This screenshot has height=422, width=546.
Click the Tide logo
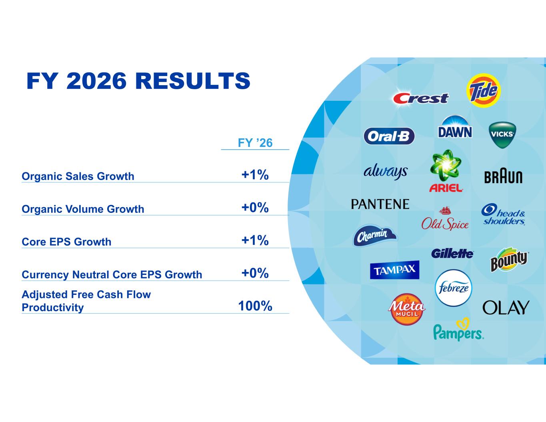click(484, 91)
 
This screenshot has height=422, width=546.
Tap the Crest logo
click(421, 98)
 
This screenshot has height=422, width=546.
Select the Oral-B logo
click(389, 136)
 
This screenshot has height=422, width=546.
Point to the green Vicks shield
click(502, 135)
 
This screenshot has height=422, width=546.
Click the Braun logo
click(503, 177)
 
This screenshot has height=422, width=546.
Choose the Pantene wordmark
click(380, 204)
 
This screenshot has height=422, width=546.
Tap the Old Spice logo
click(445, 218)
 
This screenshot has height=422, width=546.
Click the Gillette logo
click(452, 254)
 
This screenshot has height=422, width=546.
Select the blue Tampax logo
click(394, 270)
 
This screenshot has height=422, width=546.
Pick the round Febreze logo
click(454, 288)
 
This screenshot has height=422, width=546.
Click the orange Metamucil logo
click(406, 310)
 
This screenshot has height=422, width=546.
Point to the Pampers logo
click(458, 329)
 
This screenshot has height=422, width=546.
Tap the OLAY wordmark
click(506, 308)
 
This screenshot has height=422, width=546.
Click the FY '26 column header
click(255, 143)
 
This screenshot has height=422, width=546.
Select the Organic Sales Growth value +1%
click(255, 174)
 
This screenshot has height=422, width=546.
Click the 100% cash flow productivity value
click(255, 306)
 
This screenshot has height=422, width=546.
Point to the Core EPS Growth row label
click(66, 242)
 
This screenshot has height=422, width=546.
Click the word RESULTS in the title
click(193, 81)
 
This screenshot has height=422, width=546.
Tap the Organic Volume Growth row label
click(83, 209)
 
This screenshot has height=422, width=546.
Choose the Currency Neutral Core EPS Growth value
click(255, 273)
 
